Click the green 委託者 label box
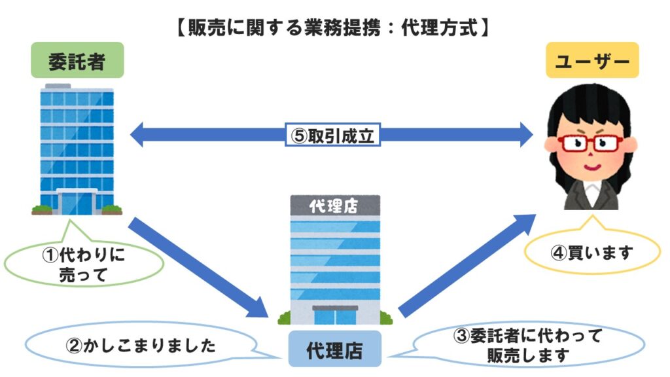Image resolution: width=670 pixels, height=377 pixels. pyautogui.click(x=77, y=62)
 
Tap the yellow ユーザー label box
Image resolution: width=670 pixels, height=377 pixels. pyautogui.click(x=592, y=62)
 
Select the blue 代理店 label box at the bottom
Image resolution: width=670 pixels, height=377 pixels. pyautogui.click(x=334, y=352)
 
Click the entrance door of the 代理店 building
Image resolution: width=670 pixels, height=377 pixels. pyautogui.click(x=334, y=315)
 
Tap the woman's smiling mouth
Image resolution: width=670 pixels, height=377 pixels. pyautogui.click(x=591, y=167)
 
